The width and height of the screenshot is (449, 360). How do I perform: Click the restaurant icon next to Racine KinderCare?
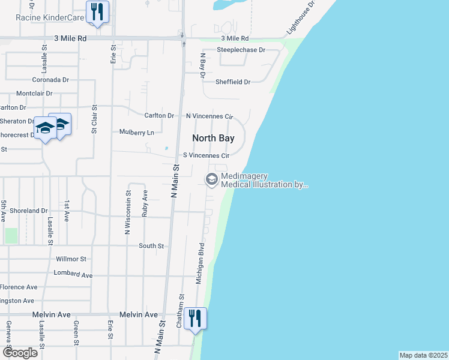coord(96,11)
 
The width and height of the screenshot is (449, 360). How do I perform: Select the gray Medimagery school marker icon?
coord(211,179)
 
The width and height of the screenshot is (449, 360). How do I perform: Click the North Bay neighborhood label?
coord(212,138)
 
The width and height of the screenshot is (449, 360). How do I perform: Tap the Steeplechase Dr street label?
coord(241,50)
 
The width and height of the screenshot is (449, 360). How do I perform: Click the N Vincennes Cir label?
coord(209,116)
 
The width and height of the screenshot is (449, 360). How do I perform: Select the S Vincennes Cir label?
coord(206,155)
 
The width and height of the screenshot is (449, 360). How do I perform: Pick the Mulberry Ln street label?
coord(136,132)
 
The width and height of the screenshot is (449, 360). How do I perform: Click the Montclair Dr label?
coord(34,94)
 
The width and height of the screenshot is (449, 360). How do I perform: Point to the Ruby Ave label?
coord(145,203)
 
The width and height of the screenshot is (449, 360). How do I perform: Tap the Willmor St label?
coord(71,259)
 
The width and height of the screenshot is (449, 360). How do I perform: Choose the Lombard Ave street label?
coord(73,274)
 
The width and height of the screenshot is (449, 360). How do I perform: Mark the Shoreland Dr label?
coord(28,211)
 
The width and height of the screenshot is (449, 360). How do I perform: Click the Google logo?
coord(19,353)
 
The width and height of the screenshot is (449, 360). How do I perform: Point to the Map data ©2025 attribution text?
coord(423,355)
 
